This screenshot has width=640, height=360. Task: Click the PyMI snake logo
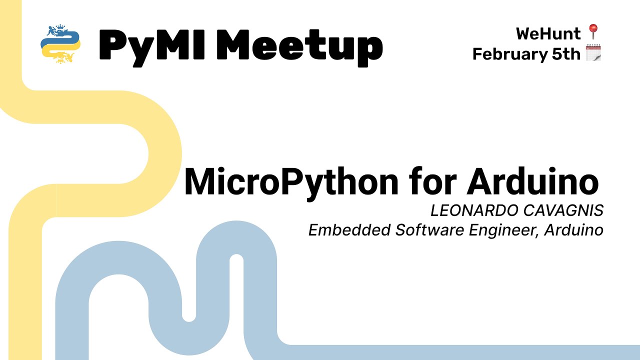60,43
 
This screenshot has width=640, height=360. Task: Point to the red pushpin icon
593,32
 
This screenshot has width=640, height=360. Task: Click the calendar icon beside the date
593,53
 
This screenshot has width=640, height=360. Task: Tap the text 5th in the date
565,53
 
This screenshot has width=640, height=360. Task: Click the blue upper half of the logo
57,36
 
